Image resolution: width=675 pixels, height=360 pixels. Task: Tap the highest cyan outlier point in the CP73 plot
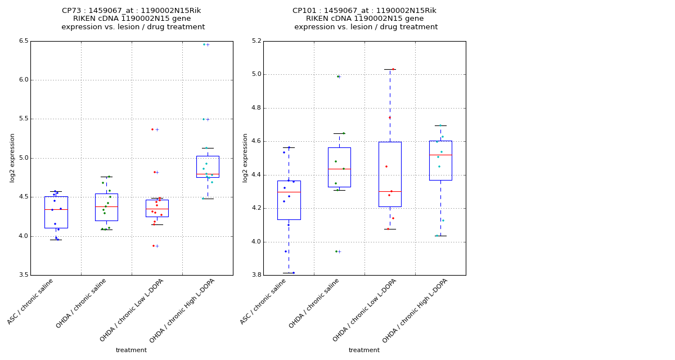(x=204, y=44)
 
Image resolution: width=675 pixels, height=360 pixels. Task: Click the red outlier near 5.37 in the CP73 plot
(x=152, y=129)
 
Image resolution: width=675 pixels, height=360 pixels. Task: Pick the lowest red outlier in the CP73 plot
(x=152, y=246)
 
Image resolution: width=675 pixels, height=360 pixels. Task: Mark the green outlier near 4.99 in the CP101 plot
(x=337, y=76)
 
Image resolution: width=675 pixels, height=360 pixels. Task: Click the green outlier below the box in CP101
(x=336, y=251)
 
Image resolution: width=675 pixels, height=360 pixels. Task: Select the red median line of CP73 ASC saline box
(x=56, y=209)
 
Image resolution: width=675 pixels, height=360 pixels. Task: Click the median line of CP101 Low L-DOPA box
(x=390, y=191)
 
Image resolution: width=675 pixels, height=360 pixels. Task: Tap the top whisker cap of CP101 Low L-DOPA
(x=390, y=69)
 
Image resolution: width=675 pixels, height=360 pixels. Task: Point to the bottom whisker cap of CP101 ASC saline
(x=289, y=273)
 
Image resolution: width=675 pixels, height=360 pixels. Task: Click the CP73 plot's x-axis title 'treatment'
(x=131, y=350)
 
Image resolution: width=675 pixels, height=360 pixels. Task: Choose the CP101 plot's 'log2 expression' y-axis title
(x=245, y=157)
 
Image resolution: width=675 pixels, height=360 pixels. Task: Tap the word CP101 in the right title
(x=304, y=11)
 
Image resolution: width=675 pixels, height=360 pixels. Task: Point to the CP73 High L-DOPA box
(x=208, y=166)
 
